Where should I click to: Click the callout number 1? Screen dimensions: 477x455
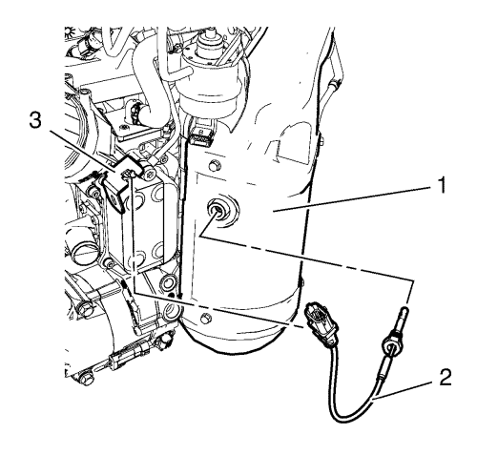441,185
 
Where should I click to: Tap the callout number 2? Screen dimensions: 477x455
446,377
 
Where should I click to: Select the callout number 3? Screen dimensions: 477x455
35,121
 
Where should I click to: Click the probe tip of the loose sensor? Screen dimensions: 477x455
404,310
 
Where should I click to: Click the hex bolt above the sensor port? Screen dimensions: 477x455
214,165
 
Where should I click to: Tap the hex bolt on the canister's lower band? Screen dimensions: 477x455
206,318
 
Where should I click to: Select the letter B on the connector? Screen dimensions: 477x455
200,132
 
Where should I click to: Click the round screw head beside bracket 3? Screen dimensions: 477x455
149,174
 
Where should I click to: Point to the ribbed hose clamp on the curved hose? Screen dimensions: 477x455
136,112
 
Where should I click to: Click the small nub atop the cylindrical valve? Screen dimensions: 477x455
210,33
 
